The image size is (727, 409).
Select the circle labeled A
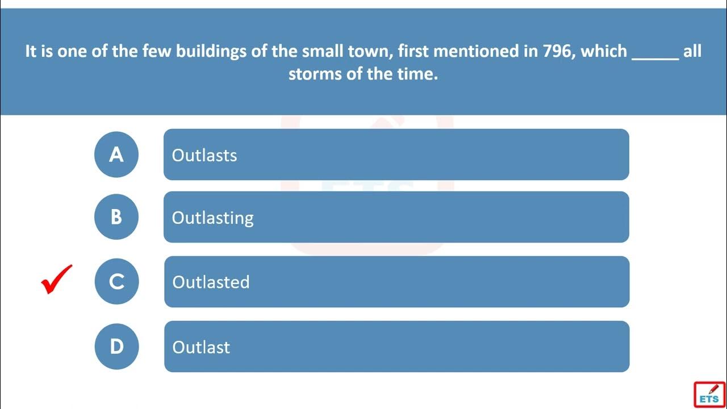pos(116,155)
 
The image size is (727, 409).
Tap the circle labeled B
pos(116,217)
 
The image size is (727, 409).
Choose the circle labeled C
pos(116,281)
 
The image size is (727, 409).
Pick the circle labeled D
pos(116,347)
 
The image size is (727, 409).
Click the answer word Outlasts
pos(204,155)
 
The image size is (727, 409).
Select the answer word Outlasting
pos(212,218)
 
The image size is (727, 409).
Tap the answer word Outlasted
pos(211,282)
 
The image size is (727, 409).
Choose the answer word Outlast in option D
pos(201,347)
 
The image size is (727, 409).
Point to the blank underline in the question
pos(655,59)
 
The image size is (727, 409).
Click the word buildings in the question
pos(211,52)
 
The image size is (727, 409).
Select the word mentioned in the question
pos(476,51)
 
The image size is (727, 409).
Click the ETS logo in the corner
pos(709,395)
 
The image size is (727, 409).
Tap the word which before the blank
pos(604,51)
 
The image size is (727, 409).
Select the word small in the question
pos(323,51)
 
